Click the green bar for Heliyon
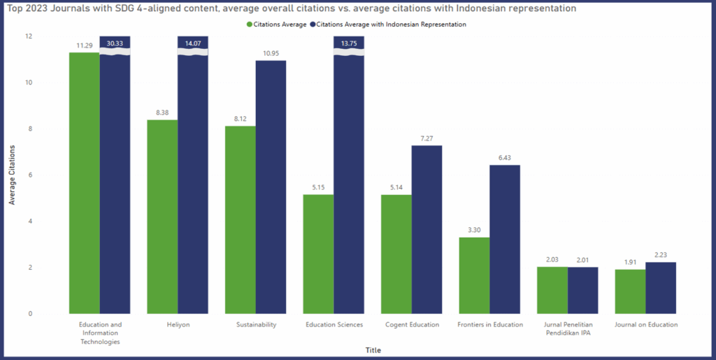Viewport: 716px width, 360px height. click(x=162, y=217)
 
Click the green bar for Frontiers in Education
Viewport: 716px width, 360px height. click(x=474, y=275)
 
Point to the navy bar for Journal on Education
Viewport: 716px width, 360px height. click(x=661, y=287)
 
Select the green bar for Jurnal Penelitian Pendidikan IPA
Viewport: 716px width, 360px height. click(x=552, y=290)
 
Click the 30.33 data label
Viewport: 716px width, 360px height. click(x=115, y=43)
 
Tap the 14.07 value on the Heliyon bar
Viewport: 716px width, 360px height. click(x=193, y=43)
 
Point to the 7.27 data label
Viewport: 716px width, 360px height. click(x=427, y=138)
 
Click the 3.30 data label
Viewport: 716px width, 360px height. click(x=474, y=231)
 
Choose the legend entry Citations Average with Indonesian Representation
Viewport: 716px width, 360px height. click(x=392, y=24)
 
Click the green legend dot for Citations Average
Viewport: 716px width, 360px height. click(x=250, y=24)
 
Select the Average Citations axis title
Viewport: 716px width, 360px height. click(x=12, y=175)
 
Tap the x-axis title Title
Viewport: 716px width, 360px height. click(x=373, y=350)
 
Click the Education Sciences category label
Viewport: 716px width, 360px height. click(x=334, y=324)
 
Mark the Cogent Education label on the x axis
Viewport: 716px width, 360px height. click(x=412, y=324)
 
